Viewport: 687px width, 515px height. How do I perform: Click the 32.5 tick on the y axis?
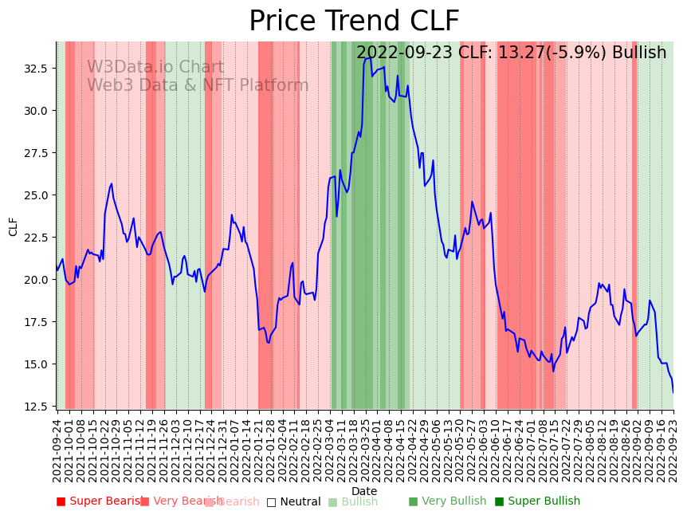[x=36, y=69]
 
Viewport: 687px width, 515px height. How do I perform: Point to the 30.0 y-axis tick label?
[x=36, y=111]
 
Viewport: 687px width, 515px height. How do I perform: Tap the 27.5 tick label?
[x=36, y=153]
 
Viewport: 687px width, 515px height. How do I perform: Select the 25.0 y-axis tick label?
[x=36, y=195]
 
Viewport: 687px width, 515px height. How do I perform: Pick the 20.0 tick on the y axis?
[x=36, y=280]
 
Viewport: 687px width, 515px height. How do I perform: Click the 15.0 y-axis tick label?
[x=36, y=364]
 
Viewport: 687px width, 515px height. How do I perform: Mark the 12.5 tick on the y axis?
[x=36, y=407]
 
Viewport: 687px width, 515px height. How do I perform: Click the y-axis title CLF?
[x=14, y=226]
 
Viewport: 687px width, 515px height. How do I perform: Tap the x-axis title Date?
[x=364, y=491]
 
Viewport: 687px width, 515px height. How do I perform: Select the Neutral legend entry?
[x=293, y=501]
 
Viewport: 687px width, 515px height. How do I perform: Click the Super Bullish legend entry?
[x=537, y=501]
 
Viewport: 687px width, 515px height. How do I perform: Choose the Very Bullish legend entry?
[x=447, y=501]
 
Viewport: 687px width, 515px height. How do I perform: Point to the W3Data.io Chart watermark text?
[x=155, y=68]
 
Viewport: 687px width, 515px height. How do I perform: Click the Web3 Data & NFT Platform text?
[x=198, y=85]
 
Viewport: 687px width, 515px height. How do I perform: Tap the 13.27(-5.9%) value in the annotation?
[x=552, y=53]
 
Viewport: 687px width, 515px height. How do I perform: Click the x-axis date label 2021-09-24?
[x=57, y=450]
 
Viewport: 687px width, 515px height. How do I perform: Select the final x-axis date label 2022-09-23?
[x=673, y=450]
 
